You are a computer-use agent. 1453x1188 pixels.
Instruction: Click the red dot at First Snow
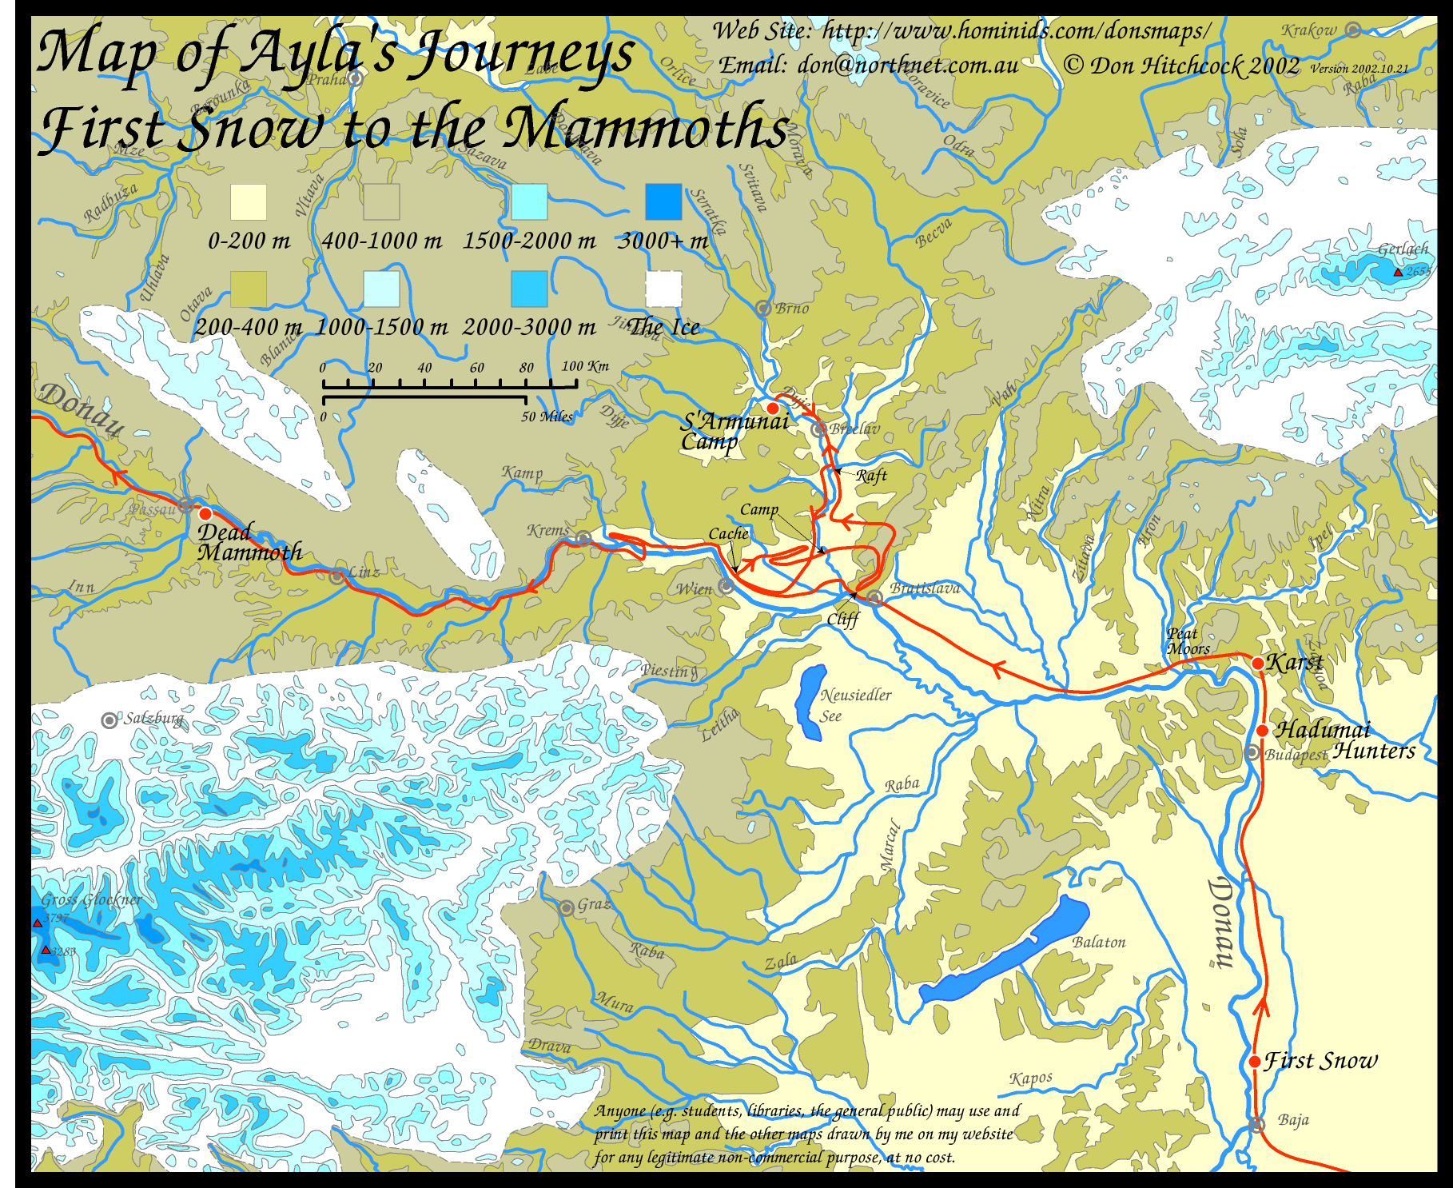1255,1062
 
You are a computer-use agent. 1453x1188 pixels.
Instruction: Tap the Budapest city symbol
1252,752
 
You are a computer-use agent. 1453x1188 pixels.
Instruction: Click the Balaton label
1099,943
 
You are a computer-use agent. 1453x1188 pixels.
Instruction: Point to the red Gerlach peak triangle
1398,273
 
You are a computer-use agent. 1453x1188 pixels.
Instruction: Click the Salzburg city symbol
109,720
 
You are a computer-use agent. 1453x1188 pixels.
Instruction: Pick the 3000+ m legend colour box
663,202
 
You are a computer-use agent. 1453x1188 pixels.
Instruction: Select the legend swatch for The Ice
663,289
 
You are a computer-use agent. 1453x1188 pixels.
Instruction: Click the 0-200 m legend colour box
249,202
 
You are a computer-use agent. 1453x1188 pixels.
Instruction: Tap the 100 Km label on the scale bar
585,366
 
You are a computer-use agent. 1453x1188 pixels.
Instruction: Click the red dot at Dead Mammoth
205,514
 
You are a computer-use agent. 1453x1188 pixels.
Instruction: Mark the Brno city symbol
763,308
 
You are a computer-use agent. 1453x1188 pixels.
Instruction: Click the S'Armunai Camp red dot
773,409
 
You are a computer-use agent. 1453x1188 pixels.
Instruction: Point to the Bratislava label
926,588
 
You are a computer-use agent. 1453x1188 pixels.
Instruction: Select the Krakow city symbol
1352,30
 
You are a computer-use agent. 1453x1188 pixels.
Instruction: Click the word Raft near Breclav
871,476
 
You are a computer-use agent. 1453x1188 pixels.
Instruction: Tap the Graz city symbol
566,907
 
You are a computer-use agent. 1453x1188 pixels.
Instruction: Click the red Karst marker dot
1258,664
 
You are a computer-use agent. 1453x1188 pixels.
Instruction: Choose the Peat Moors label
1188,642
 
